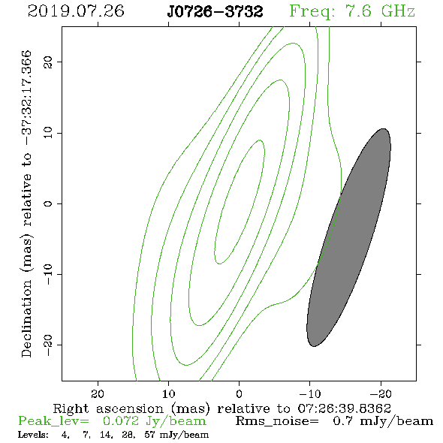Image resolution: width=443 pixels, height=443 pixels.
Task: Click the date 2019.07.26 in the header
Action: pos(76,11)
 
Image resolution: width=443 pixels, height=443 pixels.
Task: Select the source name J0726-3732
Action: pos(215,12)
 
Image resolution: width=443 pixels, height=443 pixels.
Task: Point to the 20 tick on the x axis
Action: pos(98,393)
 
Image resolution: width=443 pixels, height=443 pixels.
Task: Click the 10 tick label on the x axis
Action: pos(169,393)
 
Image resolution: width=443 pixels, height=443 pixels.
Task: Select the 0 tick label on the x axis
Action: pos(240,393)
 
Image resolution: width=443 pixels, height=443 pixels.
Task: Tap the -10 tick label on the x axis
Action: pos(310,393)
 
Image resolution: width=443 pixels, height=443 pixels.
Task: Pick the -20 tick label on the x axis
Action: pos(381,393)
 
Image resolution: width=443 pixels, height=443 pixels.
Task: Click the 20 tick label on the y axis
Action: pos(48,62)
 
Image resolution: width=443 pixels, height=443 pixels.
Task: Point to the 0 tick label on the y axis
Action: pos(48,203)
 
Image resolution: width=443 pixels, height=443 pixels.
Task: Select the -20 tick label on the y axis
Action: pos(48,345)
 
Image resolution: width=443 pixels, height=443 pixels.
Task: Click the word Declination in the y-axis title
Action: pos(26,318)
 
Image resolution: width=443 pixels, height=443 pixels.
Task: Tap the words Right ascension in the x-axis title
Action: pos(108,408)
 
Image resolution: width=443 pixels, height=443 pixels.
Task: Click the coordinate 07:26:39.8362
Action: pos(345,408)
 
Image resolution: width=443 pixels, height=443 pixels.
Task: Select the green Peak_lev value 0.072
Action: pos(121,421)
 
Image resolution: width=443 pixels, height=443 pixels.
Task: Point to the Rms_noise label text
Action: pos(277,421)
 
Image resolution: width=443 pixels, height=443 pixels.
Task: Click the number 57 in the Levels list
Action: pos(149,435)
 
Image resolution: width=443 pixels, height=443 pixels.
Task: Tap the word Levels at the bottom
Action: pos(33,435)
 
